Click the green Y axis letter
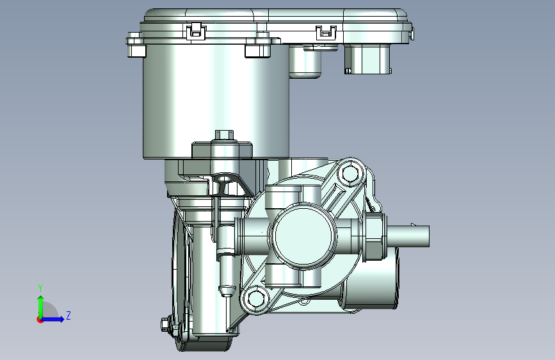40,288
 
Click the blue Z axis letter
68,315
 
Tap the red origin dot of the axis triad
40,320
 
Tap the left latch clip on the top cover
196,31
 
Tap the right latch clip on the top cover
326,32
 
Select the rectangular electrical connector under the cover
367,59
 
